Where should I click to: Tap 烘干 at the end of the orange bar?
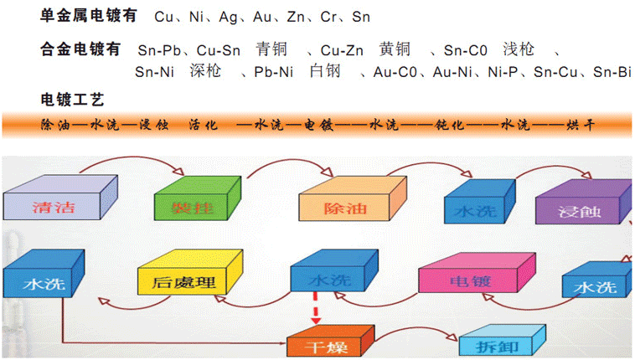580,125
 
